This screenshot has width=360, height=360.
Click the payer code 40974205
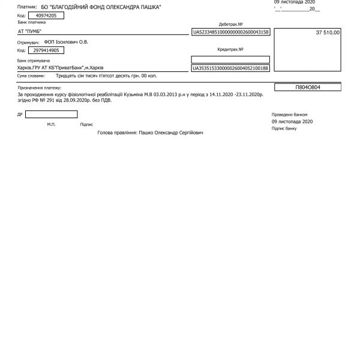(41, 16)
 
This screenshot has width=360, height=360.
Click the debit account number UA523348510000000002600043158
(230, 31)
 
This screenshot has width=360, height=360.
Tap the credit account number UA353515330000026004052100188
(230, 68)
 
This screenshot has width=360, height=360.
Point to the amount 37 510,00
(328, 32)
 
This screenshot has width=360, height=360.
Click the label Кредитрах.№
(230, 49)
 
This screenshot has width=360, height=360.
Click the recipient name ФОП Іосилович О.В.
(68, 43)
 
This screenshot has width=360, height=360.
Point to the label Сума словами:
(31, 76)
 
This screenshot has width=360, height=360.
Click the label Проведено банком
(289, 113)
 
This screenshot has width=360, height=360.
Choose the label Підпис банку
(284, 128)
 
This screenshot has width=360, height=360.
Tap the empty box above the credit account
(230, 59)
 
